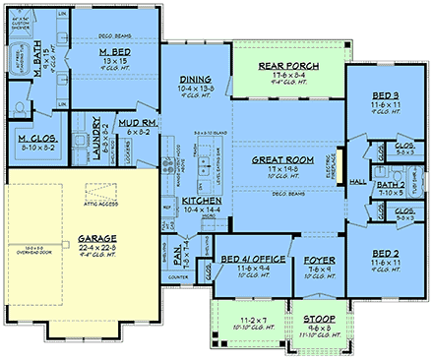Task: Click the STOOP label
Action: [x=317, y=320]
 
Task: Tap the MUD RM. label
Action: [x=136, y=121]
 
